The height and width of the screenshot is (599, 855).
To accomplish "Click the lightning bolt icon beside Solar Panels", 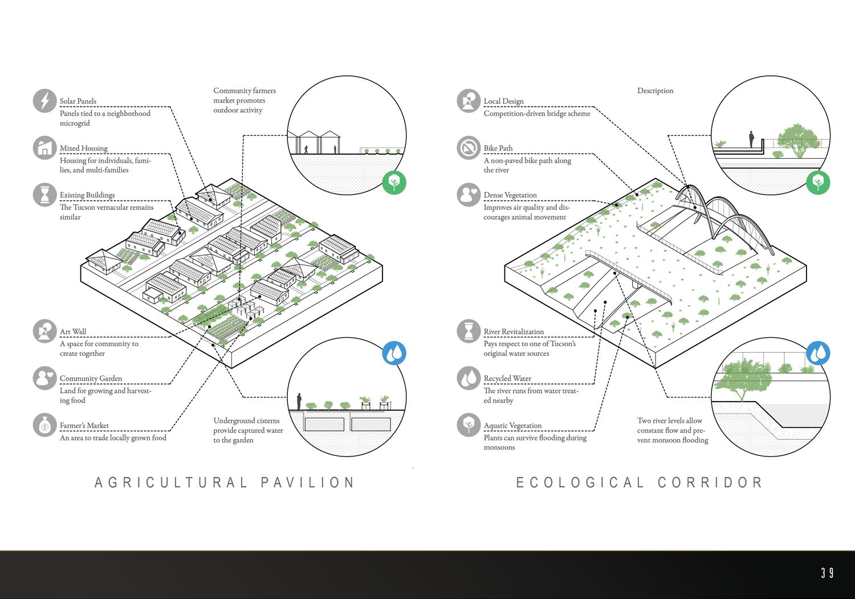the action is coord(44,101).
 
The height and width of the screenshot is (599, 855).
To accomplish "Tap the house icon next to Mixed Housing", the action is coord(44,148).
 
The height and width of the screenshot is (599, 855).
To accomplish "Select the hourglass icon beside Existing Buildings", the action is coord(44,195).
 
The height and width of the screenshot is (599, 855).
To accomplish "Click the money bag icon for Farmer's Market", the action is coord(44,425).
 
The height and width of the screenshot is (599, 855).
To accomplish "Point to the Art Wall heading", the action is coord(73,331).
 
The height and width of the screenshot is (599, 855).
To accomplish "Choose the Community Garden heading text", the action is coord(91,378).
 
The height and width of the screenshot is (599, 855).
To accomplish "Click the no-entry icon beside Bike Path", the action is coord(469,148).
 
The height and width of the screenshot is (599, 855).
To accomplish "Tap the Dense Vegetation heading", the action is coord(510,195).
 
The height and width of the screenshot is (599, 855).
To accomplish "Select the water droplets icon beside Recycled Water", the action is coord(469,378).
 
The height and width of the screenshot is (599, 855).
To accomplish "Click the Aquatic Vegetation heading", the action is coord(512,426).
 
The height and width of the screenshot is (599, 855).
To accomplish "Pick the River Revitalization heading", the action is coord(514,331).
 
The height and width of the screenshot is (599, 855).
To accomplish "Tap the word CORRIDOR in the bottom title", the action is coord(710,483).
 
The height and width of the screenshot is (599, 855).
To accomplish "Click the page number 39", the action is coord(827,573).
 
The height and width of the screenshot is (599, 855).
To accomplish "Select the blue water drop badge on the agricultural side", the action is coord(394,353).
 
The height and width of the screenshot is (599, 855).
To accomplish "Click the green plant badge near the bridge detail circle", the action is coord(818,183).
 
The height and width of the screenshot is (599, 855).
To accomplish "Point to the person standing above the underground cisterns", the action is coord(299,400).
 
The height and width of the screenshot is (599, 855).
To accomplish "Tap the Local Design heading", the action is coord(503,101).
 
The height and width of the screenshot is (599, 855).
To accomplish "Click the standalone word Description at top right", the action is coord(655,91).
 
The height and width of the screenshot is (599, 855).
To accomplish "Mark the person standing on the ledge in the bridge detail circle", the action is coord(752,139).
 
